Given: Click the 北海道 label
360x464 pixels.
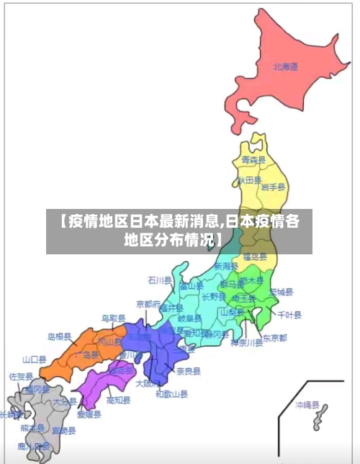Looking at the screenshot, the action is tap(285, 67).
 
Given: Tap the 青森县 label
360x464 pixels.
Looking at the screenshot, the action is tap(253, 160).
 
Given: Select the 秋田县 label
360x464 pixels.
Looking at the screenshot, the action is tap(249, 179).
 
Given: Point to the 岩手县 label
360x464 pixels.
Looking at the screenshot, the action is tap(273, 187).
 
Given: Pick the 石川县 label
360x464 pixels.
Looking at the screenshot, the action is tap(160, 280).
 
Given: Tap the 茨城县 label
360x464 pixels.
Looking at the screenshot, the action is tap(282, 292).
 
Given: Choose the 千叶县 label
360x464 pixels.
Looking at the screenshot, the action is tap(289, 315).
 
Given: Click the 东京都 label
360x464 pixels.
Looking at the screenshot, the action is tap(274, 337).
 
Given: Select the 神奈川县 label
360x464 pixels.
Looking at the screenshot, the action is tap(247, 343).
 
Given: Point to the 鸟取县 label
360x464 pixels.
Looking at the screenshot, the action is tap(113, 318).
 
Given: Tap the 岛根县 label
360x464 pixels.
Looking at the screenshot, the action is tap(60, 336).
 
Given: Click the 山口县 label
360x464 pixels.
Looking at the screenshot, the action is tap(34, 359).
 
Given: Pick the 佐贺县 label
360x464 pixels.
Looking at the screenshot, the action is tap(21, 376).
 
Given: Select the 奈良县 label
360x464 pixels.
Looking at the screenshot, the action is tap(189, 371).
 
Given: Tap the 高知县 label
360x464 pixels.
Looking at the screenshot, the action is tap(118, 400).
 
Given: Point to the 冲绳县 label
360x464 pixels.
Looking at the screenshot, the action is tap(306, 406).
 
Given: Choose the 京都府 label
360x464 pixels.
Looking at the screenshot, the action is tap(148, 305).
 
